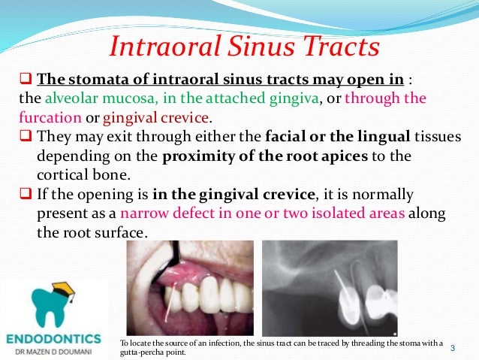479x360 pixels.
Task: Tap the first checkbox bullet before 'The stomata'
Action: [26, 79]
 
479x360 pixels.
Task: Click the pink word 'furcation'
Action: [49, 119]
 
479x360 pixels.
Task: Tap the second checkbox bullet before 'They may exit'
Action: [26, 138]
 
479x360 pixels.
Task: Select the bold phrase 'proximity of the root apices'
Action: [247, 158]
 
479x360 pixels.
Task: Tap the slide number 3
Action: [453, 348]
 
